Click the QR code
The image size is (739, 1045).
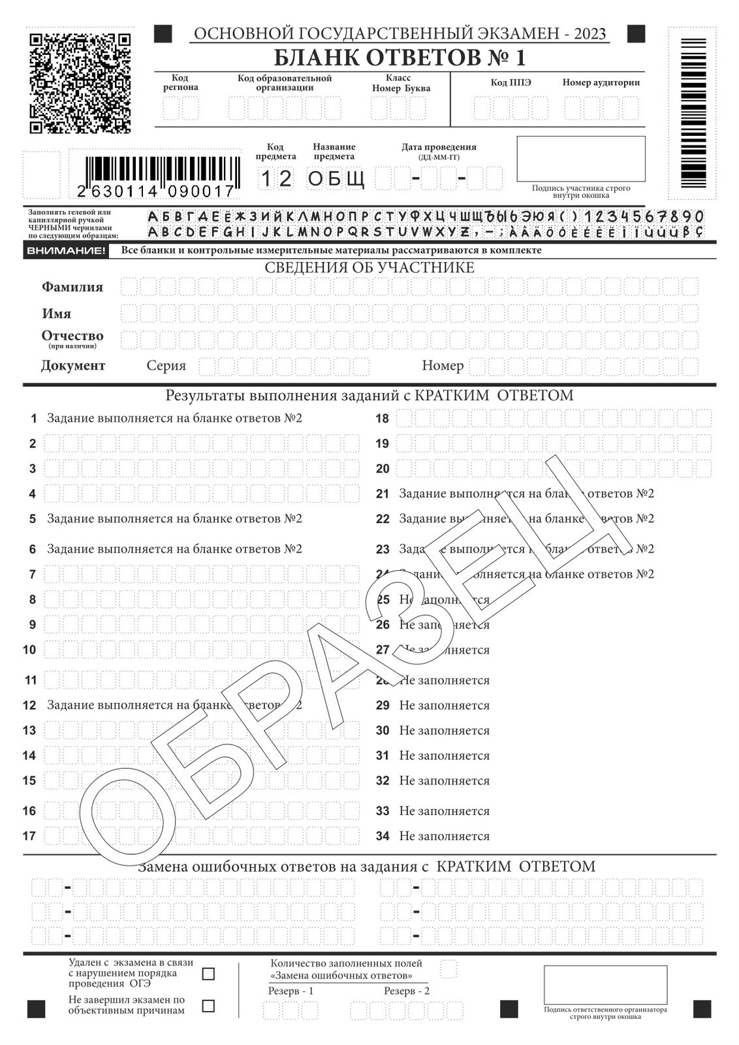pyautogui.click(x=80, y=82)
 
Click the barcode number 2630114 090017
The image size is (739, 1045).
pyautogui.click(x=155, y=191)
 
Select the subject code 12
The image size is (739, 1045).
pyautogui.click(x=276, y=178)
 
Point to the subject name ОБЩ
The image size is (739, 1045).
pyautogui.click(x=336, y=178)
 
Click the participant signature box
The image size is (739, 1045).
pyautogui.click(x=580, y=159)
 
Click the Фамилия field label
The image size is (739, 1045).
pyautogui.click(x=72, y=287)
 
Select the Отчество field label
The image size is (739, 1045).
pyautogui.click(x=72, y=336)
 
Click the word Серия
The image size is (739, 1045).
pyautogui.click(x=166, y=366)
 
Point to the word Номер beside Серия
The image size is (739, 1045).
pyautogui.click(x=443, y=366)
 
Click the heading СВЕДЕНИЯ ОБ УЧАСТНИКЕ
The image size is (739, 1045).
pyautogui.click(x=369, y=268)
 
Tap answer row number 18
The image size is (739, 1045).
pyautogui.click(x=382, y=419)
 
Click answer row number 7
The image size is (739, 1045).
pyautogui.click(x=33, y=575)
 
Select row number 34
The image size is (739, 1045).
pyautogui.click(x=383, y=836)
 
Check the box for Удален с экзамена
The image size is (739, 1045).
pyautogui.click(x=208, y=974)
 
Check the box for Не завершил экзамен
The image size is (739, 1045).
pyautogui.click(x=208, y=1006)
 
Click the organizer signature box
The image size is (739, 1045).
pyautogui.click(x=605, y=985)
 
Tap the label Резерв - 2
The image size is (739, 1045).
pyautogui.click(x=407, y=991)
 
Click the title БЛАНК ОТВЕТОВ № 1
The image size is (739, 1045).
pyautogui.click(x=399, y=58)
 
